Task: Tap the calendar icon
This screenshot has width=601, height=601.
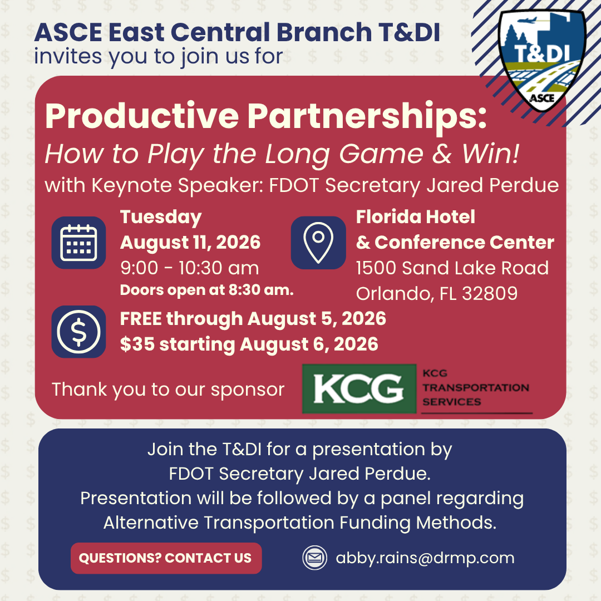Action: [78, 243]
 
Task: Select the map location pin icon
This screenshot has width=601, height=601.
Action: [318, 243]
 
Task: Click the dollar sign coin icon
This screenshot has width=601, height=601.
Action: [78, 332]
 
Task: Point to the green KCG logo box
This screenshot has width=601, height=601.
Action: [359, 388]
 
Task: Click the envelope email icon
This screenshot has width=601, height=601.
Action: [314, 558]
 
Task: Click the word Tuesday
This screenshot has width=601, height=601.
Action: [161, 218]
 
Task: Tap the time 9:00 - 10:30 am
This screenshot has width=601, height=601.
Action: [190, 268]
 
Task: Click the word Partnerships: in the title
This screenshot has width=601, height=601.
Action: [367, 116]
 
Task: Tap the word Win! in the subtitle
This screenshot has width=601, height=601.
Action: [491, 154]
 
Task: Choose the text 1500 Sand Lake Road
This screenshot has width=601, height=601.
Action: [452, 268]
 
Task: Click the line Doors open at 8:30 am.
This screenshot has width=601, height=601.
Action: [207, 290]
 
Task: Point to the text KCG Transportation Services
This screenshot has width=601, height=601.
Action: [476, 387]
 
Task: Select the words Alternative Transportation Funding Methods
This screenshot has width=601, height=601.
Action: [300, 523]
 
